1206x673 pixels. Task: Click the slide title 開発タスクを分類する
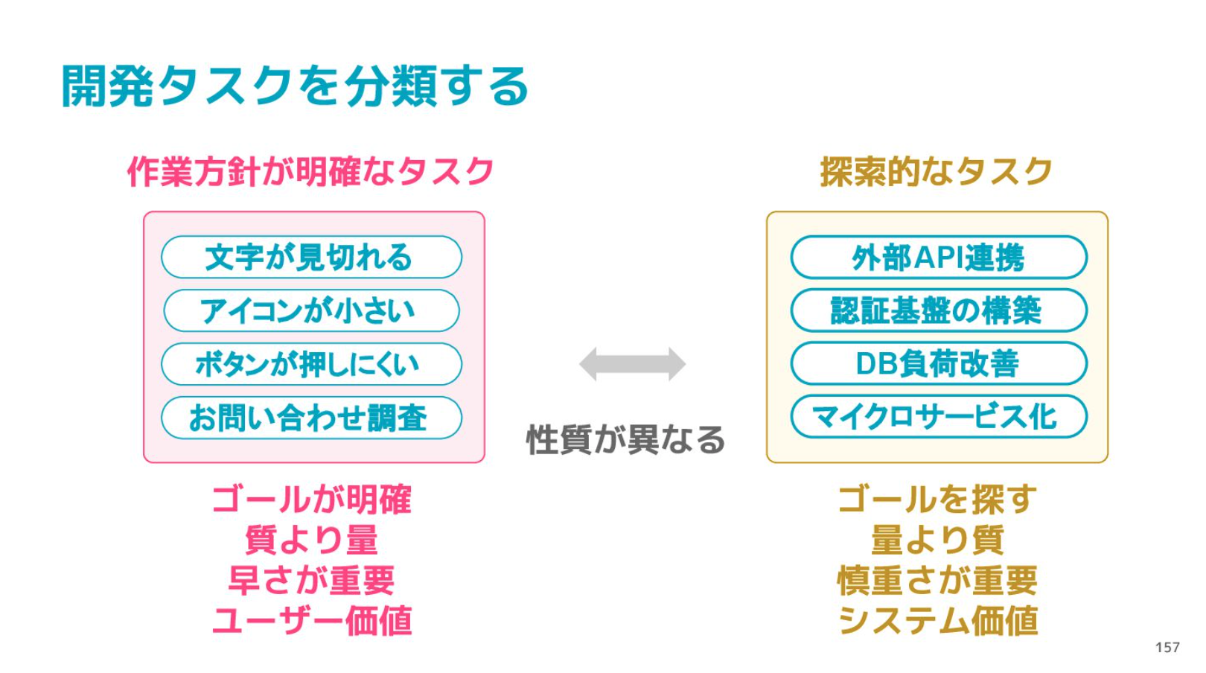(295, 86)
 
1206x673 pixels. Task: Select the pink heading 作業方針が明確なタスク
(310, 172)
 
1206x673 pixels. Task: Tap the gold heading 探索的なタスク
(937, 172)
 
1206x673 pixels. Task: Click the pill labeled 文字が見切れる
(312, 257)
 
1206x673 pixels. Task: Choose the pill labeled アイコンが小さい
(312, 310)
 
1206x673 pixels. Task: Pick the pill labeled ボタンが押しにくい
(312, 364)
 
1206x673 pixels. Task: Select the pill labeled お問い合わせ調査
(312, 418)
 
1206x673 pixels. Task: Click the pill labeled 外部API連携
(939, 257)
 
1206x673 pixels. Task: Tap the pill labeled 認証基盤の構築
(939, 310)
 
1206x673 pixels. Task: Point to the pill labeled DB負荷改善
(939, 363)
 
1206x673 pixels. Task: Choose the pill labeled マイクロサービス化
(939, 417)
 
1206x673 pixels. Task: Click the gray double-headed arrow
(632, 364)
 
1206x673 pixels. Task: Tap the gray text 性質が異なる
(625, 439)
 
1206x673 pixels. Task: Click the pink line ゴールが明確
(312, 499)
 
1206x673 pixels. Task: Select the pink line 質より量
(312, 540)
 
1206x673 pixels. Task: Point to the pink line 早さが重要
(312, 580)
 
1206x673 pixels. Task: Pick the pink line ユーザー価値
(312, 620)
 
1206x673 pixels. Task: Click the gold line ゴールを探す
(937, 499)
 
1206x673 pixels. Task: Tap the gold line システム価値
(937, 620)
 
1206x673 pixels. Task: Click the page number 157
(1167, 647)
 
